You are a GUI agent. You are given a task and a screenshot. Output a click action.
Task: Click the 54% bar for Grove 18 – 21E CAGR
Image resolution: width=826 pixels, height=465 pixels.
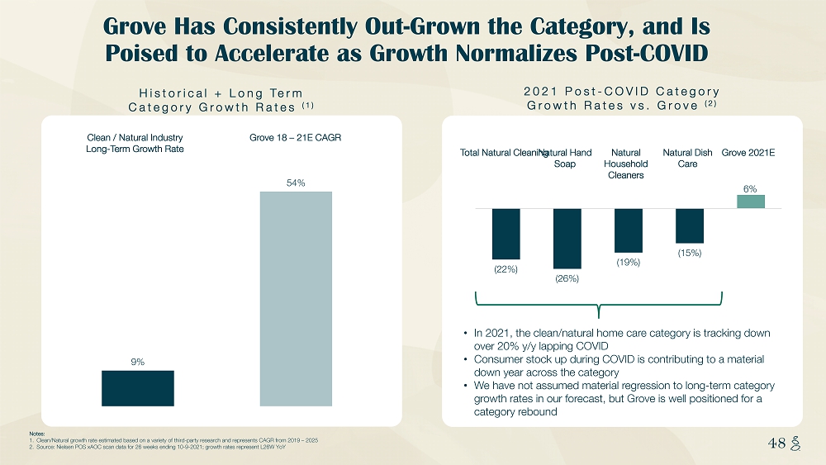click(296, 298)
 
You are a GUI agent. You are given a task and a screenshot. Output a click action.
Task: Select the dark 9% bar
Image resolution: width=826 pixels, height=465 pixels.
click(138, 388)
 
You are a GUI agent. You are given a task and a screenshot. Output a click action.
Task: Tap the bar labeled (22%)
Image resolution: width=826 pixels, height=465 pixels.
click(506, 234)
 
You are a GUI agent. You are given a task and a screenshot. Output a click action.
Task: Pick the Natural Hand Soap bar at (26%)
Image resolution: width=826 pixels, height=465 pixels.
click(567, 238)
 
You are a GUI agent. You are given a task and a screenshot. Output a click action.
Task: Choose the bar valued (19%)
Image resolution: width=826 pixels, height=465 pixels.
click(629, 230)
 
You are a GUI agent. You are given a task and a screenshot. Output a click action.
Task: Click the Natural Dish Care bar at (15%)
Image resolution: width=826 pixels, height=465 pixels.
click(690, 225)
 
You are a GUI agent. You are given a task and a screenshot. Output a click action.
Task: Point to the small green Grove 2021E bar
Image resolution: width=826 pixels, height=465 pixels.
click(751, 202)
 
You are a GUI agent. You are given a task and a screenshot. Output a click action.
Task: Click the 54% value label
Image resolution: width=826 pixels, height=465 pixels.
click(296, 182)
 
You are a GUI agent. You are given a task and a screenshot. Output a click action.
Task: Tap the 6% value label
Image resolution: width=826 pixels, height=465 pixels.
click(751, 188)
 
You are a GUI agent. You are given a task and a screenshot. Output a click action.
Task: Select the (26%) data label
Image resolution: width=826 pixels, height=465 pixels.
click(567, 279)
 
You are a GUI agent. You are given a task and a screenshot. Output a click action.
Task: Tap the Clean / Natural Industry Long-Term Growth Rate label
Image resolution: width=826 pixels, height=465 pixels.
click(135, 143)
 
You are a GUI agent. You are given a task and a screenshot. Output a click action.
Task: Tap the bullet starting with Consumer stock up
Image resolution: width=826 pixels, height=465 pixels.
click(619, 366)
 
